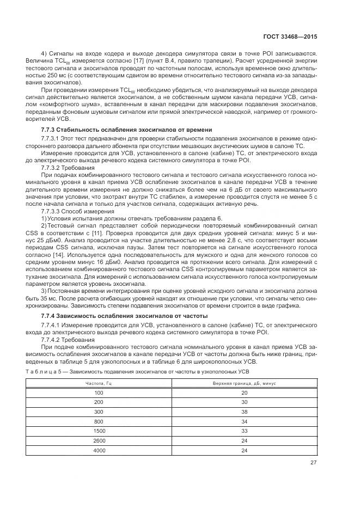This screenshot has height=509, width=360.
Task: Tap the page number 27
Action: tap(313, 462)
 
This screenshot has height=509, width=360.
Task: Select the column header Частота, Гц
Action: tap(99, 383)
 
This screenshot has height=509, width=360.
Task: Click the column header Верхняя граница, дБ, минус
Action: tap(244, 383)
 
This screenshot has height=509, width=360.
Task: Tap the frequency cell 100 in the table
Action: tap(99, 393)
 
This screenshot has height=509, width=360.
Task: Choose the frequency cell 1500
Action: tap(99, 431)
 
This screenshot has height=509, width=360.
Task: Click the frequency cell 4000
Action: tap(99, 450)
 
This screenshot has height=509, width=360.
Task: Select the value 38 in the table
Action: tap(244, 412)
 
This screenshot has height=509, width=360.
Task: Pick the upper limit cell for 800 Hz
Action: tap(244, 421)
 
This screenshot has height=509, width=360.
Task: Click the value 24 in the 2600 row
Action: tap(244, 441)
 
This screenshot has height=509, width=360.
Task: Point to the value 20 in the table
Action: tap(244, 393)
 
